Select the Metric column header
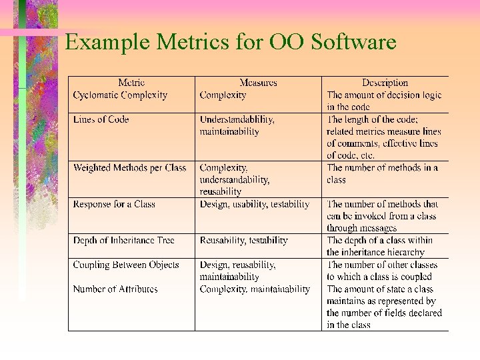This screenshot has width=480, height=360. click(x=131, y=83)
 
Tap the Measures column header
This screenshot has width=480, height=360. click(x=258, y=83)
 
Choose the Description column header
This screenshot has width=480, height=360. click(x=385, y=83)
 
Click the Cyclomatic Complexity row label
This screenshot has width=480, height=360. click(x=120, y=95)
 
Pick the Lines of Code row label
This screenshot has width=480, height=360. click(x=101, y=119)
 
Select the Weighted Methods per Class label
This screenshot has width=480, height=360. click(x=129, y=167)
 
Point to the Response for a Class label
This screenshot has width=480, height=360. click(x=114, y=204)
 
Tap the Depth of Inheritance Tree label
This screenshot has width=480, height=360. click(x=123, y=240)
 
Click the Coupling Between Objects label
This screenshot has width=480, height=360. click(x=126, y=265)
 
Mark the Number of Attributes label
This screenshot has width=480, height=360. click(x=115, y=289)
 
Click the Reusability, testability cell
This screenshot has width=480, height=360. click(x=243, y=240)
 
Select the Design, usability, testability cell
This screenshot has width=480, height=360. click(x=254, y=204)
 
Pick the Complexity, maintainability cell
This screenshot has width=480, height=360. click(x=255, y=289)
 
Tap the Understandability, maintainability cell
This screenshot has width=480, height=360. click(x=237, y=125)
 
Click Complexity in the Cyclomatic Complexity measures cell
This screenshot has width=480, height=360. click(x=223, y=95)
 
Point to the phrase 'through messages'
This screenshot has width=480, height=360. click(x=361, y=228)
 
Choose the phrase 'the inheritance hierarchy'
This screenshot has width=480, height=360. click(x=375, y=252)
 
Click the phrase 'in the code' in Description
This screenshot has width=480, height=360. click(x=348, y=107)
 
